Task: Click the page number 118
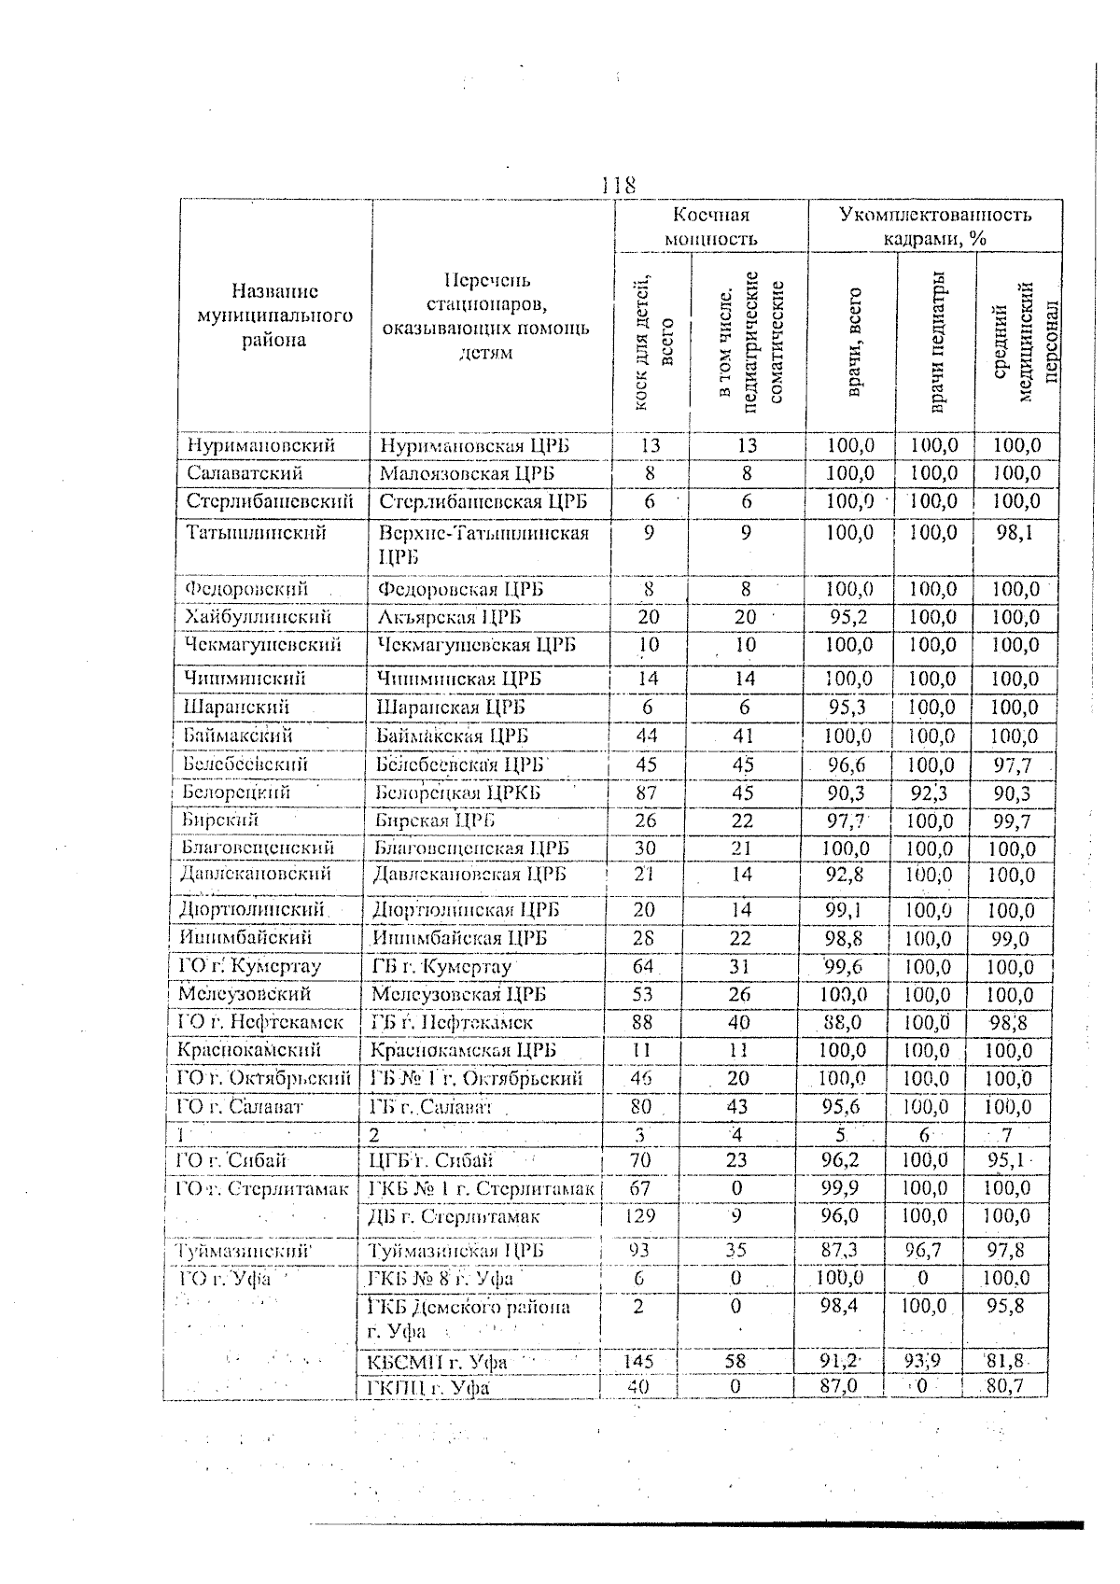618,184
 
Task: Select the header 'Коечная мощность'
711,227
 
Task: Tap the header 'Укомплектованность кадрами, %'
935,227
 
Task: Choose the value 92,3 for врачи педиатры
933,793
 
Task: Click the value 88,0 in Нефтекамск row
847,1023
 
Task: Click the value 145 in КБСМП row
639,1362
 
